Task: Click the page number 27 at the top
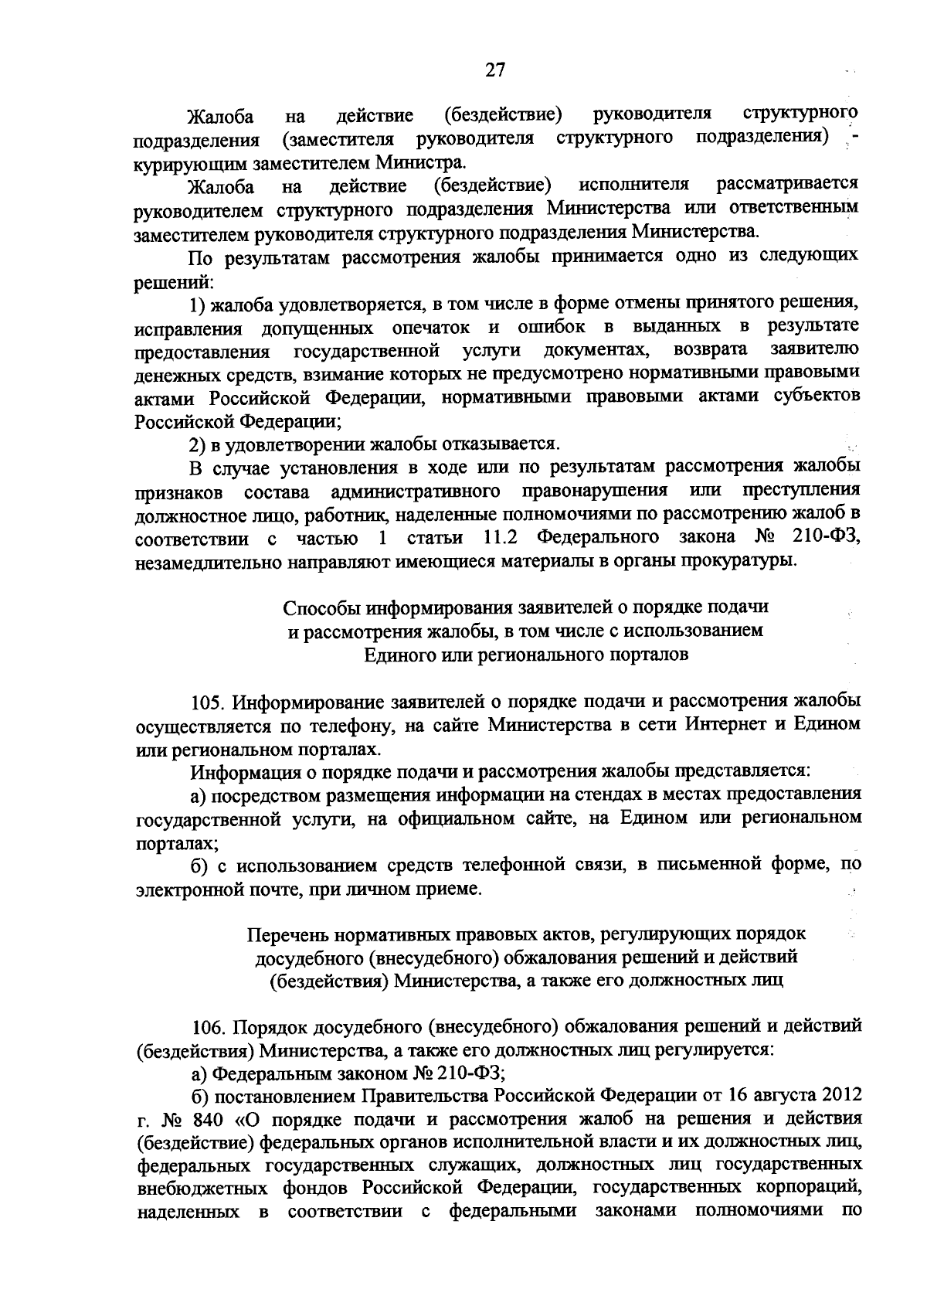494,70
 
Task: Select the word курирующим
175,164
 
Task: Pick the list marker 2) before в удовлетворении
199,445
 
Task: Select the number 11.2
501,537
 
